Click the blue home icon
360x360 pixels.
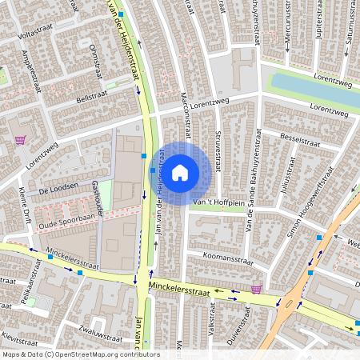click(x=180, y=172)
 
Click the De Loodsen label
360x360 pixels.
click(x=55, y=190)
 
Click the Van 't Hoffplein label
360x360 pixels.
click(x=217, y=203)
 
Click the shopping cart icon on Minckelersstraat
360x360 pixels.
click(x=256, y=289)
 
